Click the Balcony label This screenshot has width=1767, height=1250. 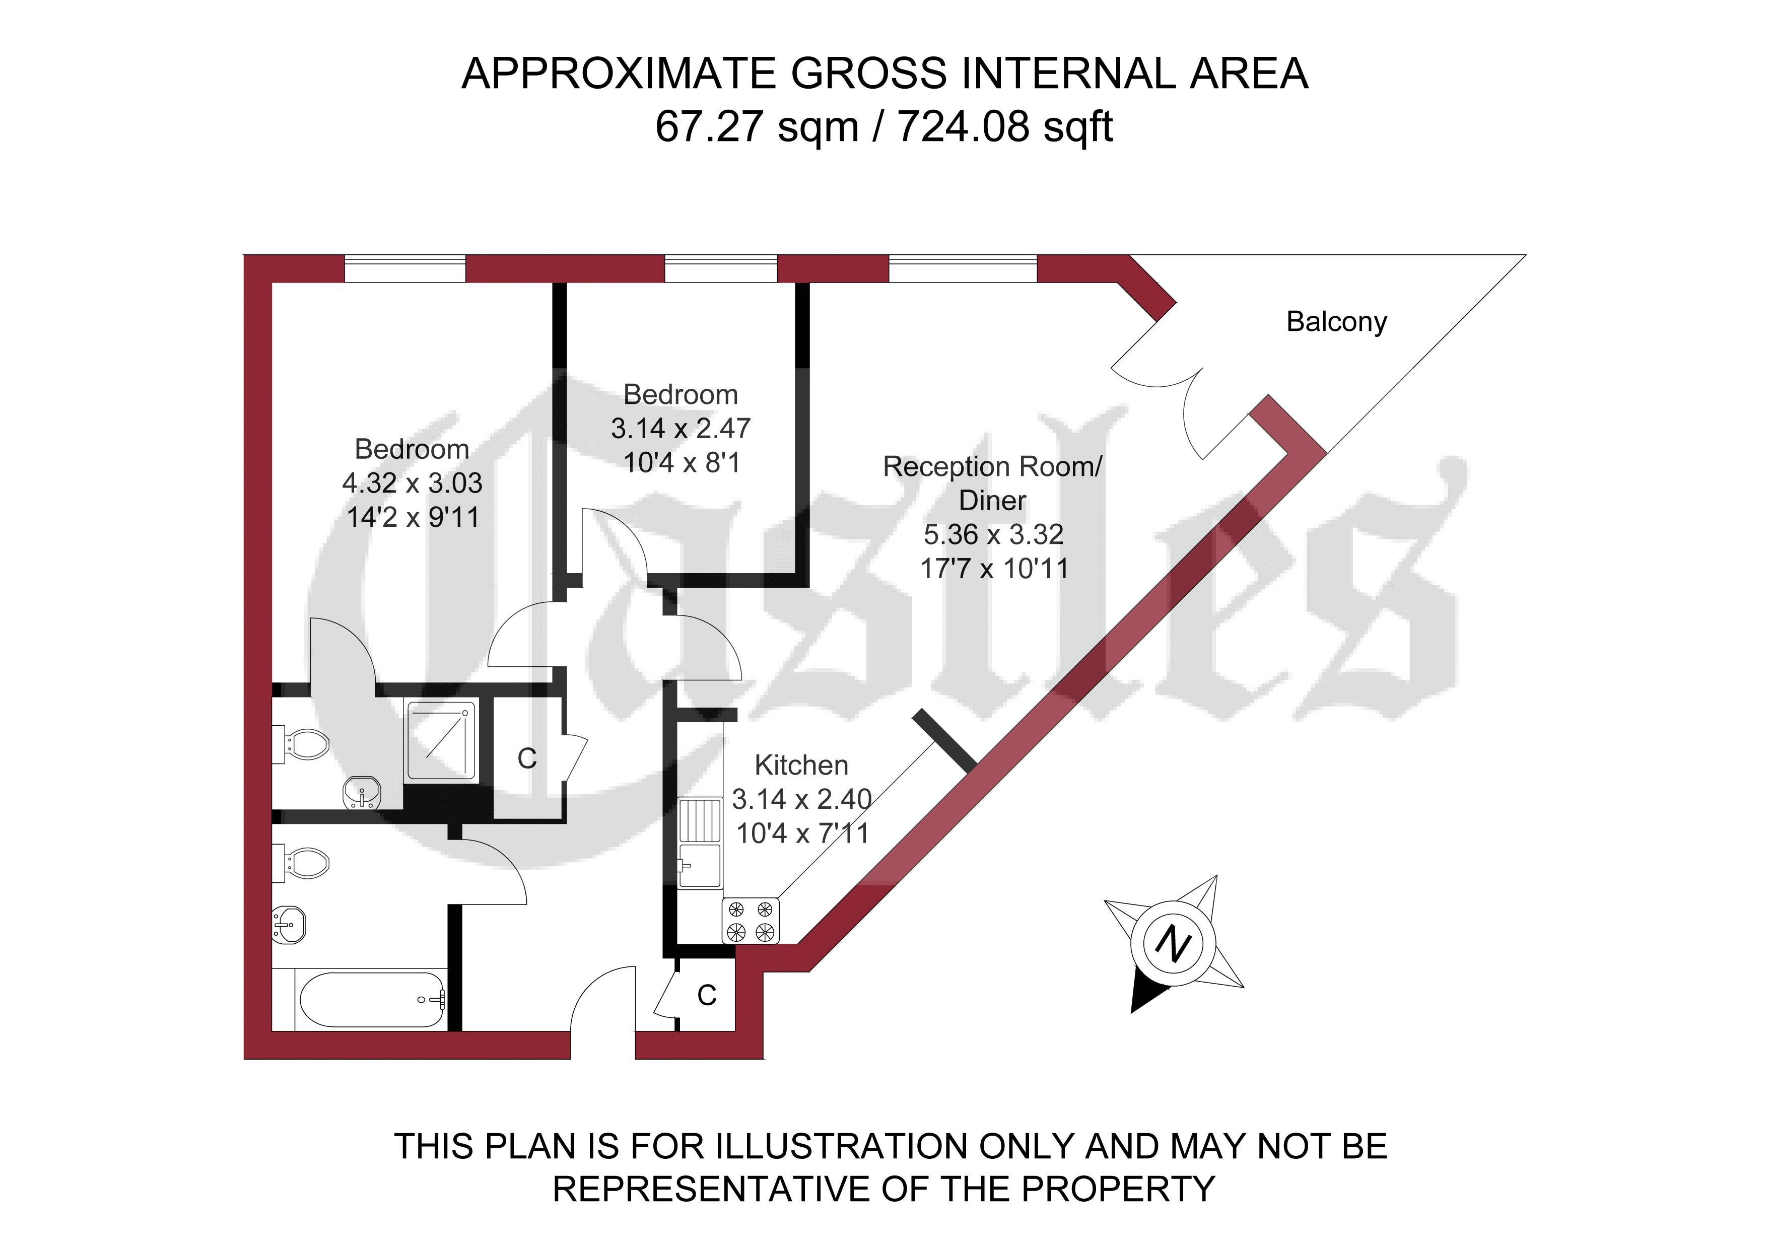pos(1337,322)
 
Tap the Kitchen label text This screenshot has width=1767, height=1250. pos(801,765)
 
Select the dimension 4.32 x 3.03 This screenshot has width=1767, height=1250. pos(413,483)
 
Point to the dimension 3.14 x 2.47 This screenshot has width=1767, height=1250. pos(681,428)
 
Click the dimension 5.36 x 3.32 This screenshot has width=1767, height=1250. pos(993,534)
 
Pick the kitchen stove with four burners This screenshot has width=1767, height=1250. pos(751,921)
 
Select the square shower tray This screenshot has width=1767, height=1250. pos(439,740)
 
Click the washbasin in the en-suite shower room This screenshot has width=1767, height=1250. pos(362,793)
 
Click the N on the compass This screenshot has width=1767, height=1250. pos(1173,944)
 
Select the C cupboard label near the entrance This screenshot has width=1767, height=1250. pos(707,996)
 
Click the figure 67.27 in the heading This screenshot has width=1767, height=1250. pos(710,127)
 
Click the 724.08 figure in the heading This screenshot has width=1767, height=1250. pos(963,127)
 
